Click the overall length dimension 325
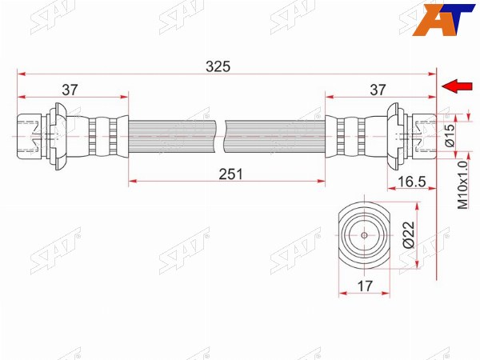pos(218,66)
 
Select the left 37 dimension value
pos(70,90)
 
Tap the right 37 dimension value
pos(378,90)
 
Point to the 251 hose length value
pos(231,174)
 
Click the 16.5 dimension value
pos(412,182)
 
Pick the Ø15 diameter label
pos(450,135)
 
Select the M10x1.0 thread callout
pos(463,185)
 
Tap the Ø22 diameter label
pos(409,234)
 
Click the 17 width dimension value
pos(365,286)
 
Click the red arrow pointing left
pos(457,86)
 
